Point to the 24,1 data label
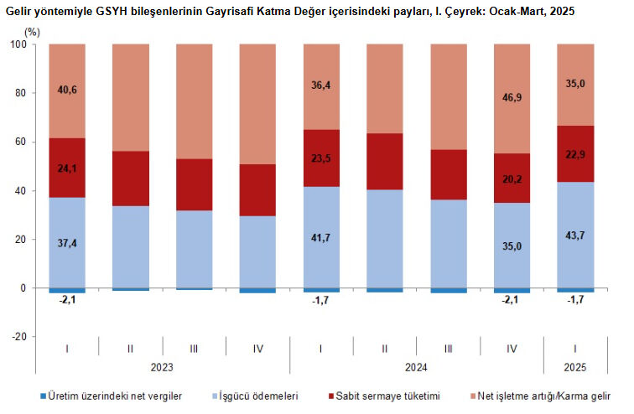pyautogui.click(x=67, y=168)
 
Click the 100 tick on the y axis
pyautogui.click(x=18, y=44)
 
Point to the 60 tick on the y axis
pyautogui.click(x=21, y=142)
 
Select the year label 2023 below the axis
pyautogui.click(x=162, y=366)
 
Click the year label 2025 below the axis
pyautogui.click(x=575, y=366)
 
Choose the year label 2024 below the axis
pyautogui.click(x=417, y=366)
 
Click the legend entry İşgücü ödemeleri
pyautogui.click(x=257, y=396)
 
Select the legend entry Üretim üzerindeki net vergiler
pyautogui.click(x=116, y=396)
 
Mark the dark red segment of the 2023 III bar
pyautogui.click(x=194, y=184)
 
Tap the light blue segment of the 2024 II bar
pyautogui.click(x=385, y=239)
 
